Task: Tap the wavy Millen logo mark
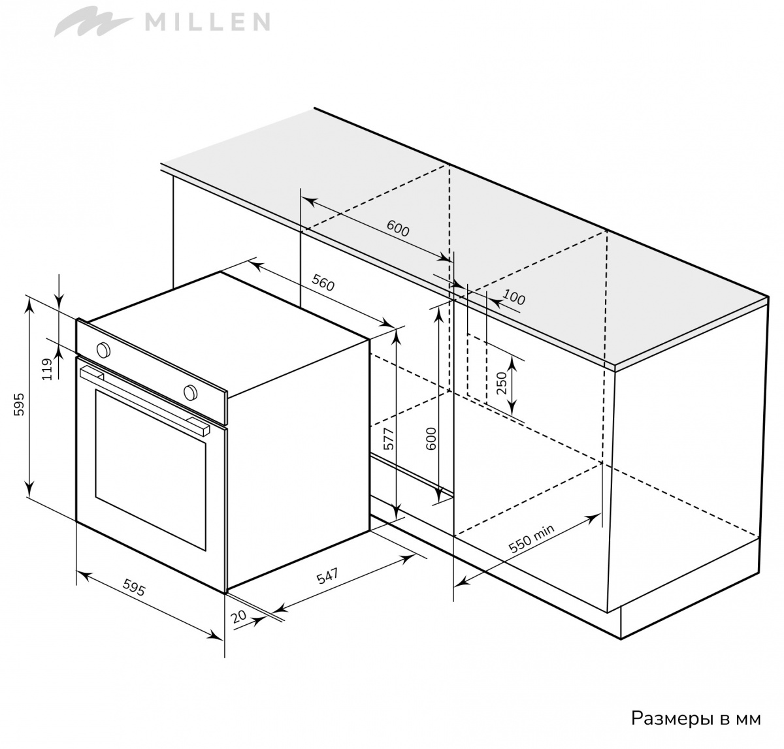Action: coord(95,22)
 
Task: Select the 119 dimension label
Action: coord(48,369)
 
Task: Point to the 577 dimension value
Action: coord(388,438)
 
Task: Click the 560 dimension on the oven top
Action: coord(323,283)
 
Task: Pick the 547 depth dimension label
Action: coord(327,576)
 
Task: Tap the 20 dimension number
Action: coord(238,616)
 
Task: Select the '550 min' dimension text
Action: coord(531,539)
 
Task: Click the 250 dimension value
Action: coord(500,383)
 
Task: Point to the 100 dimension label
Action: coord(514,297)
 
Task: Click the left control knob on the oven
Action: coord(103,349)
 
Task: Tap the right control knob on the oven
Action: coord(189,392)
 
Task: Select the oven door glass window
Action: coord(150,470)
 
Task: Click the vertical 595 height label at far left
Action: coord(20,404)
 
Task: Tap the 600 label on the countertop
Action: coord(398,229)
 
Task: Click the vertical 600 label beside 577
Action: coord(431,439)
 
